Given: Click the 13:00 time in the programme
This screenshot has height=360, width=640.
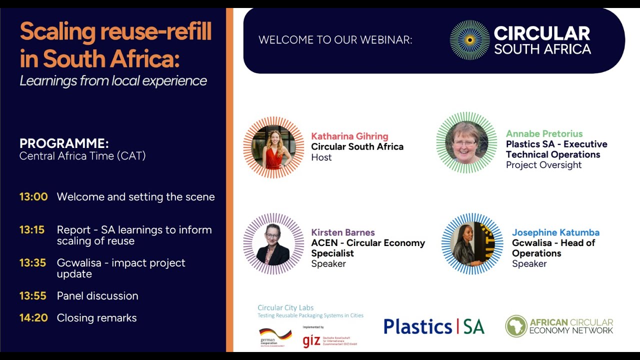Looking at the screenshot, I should coord(33,196).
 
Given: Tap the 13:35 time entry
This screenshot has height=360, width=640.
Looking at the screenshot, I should coord(32,263).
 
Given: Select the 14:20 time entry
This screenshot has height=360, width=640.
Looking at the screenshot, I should coord(33,318).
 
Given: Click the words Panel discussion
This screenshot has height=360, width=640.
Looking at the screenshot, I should coord(97,296).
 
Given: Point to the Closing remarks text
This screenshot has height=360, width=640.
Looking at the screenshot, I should coord(96,318).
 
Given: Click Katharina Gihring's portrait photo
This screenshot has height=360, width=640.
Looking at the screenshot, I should coord(273,147).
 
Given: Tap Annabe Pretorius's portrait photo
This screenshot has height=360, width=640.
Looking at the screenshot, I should coord(466,142).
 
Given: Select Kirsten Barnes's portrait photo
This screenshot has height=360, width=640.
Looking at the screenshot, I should coord(273,244).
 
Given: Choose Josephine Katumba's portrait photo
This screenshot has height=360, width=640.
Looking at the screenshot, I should coord(472,244).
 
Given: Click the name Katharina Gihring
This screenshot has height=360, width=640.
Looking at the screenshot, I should coord(349,136).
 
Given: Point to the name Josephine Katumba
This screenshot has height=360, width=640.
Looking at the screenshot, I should coord(555,232).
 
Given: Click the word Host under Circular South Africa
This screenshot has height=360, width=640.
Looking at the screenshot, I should coord(321,157).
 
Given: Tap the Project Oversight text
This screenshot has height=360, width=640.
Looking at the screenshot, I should coord(543,165).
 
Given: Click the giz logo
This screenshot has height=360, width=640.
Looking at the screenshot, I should coord(311,341).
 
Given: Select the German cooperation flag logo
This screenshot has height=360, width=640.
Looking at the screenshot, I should coord(275,334).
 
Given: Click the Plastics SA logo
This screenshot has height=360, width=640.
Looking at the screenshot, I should coord(433,326).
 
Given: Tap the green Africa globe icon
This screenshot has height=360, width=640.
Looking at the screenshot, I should coord(516,326).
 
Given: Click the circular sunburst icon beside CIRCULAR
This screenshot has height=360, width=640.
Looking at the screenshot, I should coord(469,40).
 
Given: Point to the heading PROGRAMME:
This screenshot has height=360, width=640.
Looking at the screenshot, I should coord(64,143).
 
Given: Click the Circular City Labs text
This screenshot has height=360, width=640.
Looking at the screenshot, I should coord(285,307).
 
